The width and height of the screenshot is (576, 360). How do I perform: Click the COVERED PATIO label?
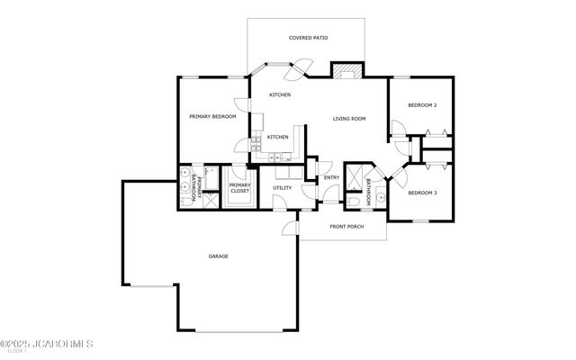tap(308, 38)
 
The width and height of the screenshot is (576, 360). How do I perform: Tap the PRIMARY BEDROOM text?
tap(212, 117)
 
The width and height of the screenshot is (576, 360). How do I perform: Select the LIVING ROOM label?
tap(348, 118)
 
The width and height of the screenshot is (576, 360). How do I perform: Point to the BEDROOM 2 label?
tap(422, 105)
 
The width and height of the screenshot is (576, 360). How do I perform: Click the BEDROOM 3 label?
tap(422, 193)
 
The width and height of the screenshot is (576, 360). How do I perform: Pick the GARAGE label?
tap(218, 256)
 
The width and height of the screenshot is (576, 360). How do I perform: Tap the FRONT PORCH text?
tap(346, 226)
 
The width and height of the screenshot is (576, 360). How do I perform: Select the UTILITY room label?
tap(282, 188)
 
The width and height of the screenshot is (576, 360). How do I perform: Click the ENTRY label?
tap(332, 177)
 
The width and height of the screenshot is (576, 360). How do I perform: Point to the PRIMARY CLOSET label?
tap(239, 188)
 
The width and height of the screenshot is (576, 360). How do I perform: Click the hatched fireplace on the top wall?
tap(346, 71)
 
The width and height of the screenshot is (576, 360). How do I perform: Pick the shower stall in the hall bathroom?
tap(355, 173)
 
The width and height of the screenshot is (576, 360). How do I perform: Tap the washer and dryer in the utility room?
tap(283, 171)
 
